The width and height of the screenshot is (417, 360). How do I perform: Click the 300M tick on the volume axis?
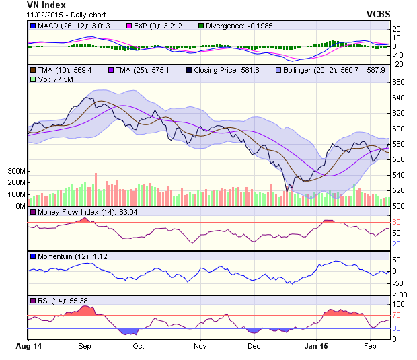(17, 172)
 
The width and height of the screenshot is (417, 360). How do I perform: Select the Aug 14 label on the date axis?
(29, 345)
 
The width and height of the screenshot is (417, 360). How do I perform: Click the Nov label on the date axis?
(199, 345)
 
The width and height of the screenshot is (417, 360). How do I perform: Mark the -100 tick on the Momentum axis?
(400, 295)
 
